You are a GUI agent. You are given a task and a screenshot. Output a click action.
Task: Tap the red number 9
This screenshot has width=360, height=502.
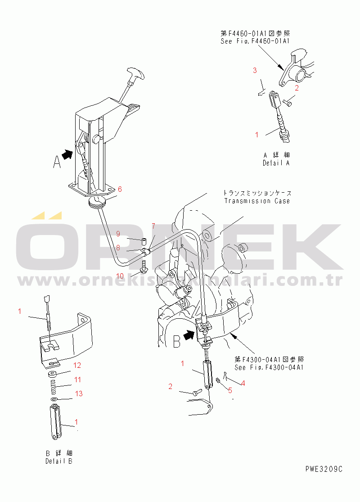click(118, 234)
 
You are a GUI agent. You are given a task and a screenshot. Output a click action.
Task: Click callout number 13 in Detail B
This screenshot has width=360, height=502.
click(79, 393)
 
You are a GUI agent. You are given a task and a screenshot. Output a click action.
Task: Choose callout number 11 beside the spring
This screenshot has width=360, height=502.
click(77, 380)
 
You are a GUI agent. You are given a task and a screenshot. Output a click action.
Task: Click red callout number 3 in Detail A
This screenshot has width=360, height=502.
click(255, 70)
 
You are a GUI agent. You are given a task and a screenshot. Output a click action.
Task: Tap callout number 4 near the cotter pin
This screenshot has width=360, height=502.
click(243, 383)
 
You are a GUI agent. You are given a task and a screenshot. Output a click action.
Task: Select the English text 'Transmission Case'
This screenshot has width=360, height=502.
click(257, 201)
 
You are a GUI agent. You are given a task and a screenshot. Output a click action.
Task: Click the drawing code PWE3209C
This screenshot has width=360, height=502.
click(323, 469)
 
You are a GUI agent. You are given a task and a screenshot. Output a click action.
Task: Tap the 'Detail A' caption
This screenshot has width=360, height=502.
click(276, 163)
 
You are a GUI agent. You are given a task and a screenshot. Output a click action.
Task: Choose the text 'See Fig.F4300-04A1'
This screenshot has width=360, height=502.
click(270, 367)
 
